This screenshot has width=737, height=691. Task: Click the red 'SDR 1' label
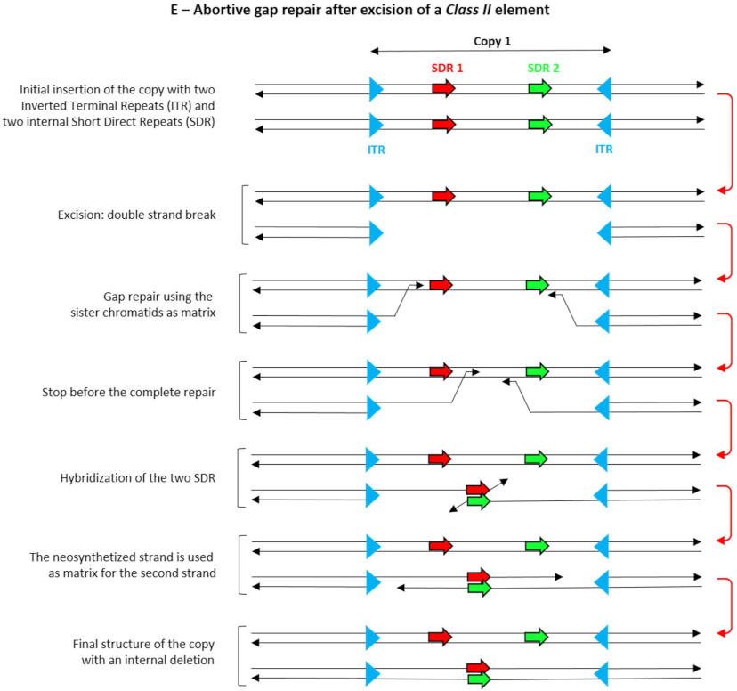pos(447,68)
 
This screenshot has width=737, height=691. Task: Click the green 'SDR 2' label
pos(543,68)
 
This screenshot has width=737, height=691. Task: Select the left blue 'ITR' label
pos(377,150)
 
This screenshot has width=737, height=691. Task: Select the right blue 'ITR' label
pos(604,150)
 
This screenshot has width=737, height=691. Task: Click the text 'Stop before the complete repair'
pos(129,392)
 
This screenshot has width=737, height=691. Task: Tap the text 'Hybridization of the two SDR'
pos(134,477)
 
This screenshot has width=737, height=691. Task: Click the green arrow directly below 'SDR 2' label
pos(539,88)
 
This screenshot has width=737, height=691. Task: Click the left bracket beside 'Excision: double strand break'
pos(242,215)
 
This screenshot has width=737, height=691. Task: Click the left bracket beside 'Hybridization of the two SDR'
pos(242,478)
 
